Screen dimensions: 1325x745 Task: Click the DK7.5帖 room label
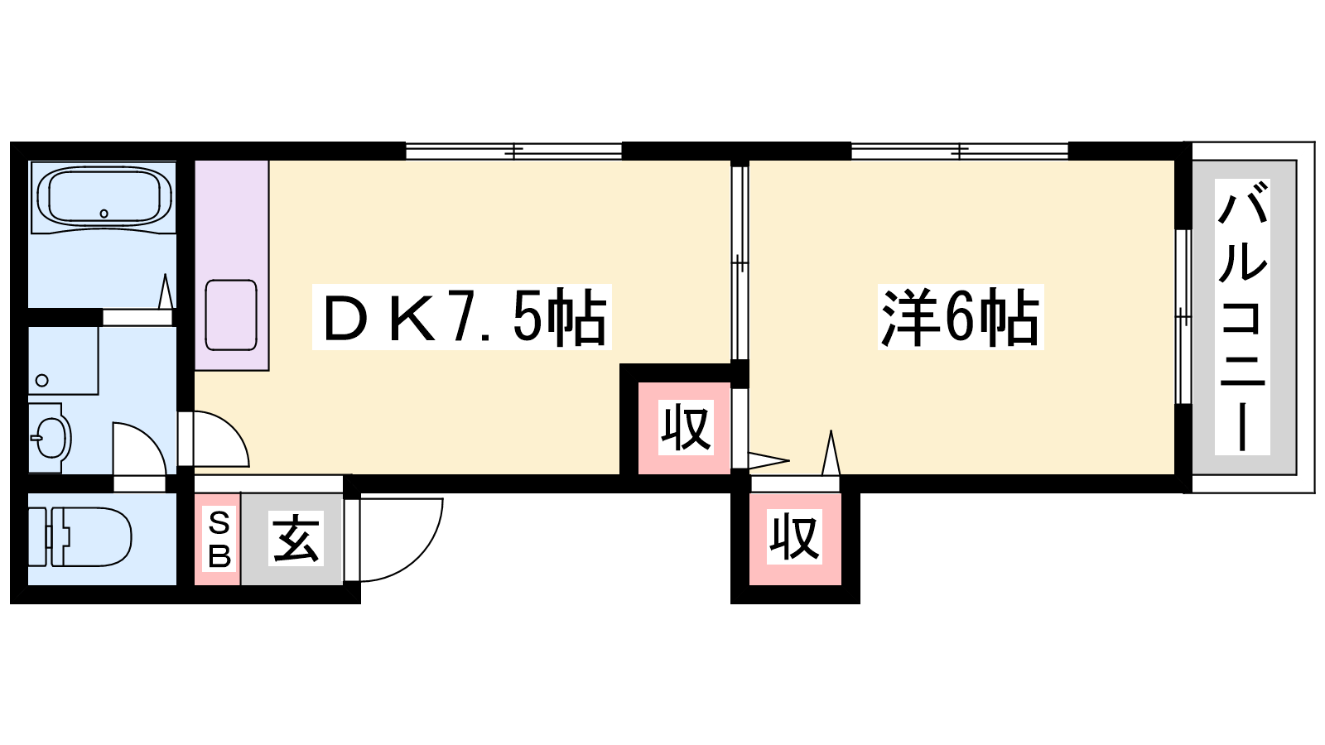(x=462, y=317)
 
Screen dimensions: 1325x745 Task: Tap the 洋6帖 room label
(x=960, y=317)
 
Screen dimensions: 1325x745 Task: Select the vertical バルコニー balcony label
(x=1242, y=317)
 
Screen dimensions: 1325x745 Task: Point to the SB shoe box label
(x=219, y=540)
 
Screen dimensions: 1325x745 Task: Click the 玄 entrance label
(x=296, y=538)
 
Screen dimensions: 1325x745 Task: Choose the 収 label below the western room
(x=795, y=537)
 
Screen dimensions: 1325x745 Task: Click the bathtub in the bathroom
(x=104, y=197)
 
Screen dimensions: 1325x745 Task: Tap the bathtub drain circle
(x=104, y=214)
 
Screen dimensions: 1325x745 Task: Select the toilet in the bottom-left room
(x=79, y=537)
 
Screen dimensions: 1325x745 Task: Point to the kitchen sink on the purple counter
(x=231, y=315)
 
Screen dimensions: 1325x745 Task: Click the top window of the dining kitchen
(x=513, y=151)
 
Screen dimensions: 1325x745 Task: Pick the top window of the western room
(x=960, y=151)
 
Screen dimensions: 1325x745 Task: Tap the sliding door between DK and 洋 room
(x=740, y=263)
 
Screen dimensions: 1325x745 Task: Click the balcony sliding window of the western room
(x=1183, y=317)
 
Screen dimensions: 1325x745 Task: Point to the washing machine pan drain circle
(x=42, y=380)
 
